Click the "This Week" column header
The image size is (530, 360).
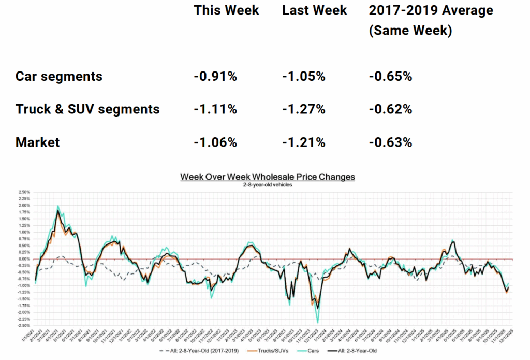(226, 10)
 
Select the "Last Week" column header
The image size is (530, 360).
(315, 10)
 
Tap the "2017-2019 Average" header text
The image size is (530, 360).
(431, 10)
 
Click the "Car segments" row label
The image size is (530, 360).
(59, 77)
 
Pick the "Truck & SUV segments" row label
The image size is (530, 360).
(87, 109)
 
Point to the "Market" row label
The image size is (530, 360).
(38, 142)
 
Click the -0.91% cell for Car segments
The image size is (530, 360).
(215, 77)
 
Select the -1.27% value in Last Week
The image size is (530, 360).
(304, 109)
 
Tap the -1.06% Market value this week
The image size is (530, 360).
(215, 142)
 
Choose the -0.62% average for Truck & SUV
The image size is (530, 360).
(391, 109)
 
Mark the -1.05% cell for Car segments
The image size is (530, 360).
(304, 77)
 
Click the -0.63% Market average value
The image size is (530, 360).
(391, 142)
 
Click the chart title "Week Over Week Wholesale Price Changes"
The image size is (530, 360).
(268, 177)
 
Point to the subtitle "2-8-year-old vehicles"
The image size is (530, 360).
(268, 184)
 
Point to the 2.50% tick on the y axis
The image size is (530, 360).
(23, 192)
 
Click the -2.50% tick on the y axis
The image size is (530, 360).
(22, 326)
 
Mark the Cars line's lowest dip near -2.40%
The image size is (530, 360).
(317, 322)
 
